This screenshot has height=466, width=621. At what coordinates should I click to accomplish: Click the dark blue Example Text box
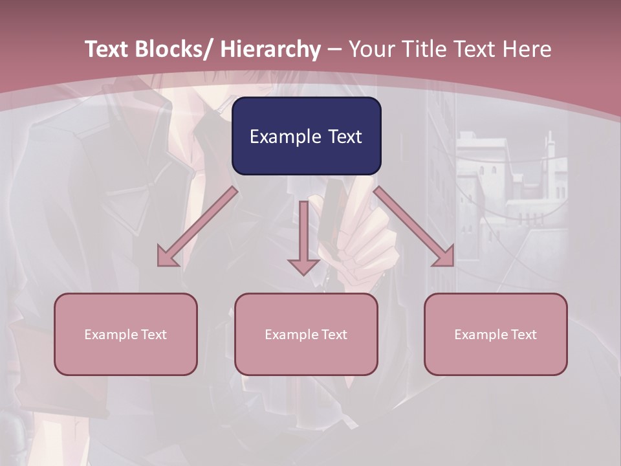306,136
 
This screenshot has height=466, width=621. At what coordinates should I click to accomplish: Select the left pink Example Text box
125,334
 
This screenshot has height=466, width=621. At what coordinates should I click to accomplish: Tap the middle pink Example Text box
306,334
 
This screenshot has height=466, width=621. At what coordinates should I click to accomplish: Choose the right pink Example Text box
496,334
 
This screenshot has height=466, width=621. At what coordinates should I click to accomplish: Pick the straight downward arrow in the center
303,236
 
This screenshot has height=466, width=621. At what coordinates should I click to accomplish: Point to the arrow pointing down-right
414,227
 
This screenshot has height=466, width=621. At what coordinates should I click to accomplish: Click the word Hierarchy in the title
270,49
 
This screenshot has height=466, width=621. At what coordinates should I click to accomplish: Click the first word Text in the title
107,49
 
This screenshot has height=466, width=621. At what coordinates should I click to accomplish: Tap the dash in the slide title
335,49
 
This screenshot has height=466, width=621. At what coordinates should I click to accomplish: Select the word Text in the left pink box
155,335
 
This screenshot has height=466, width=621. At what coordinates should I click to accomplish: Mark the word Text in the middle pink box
335,335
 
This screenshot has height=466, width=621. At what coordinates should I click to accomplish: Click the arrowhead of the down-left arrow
166,258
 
